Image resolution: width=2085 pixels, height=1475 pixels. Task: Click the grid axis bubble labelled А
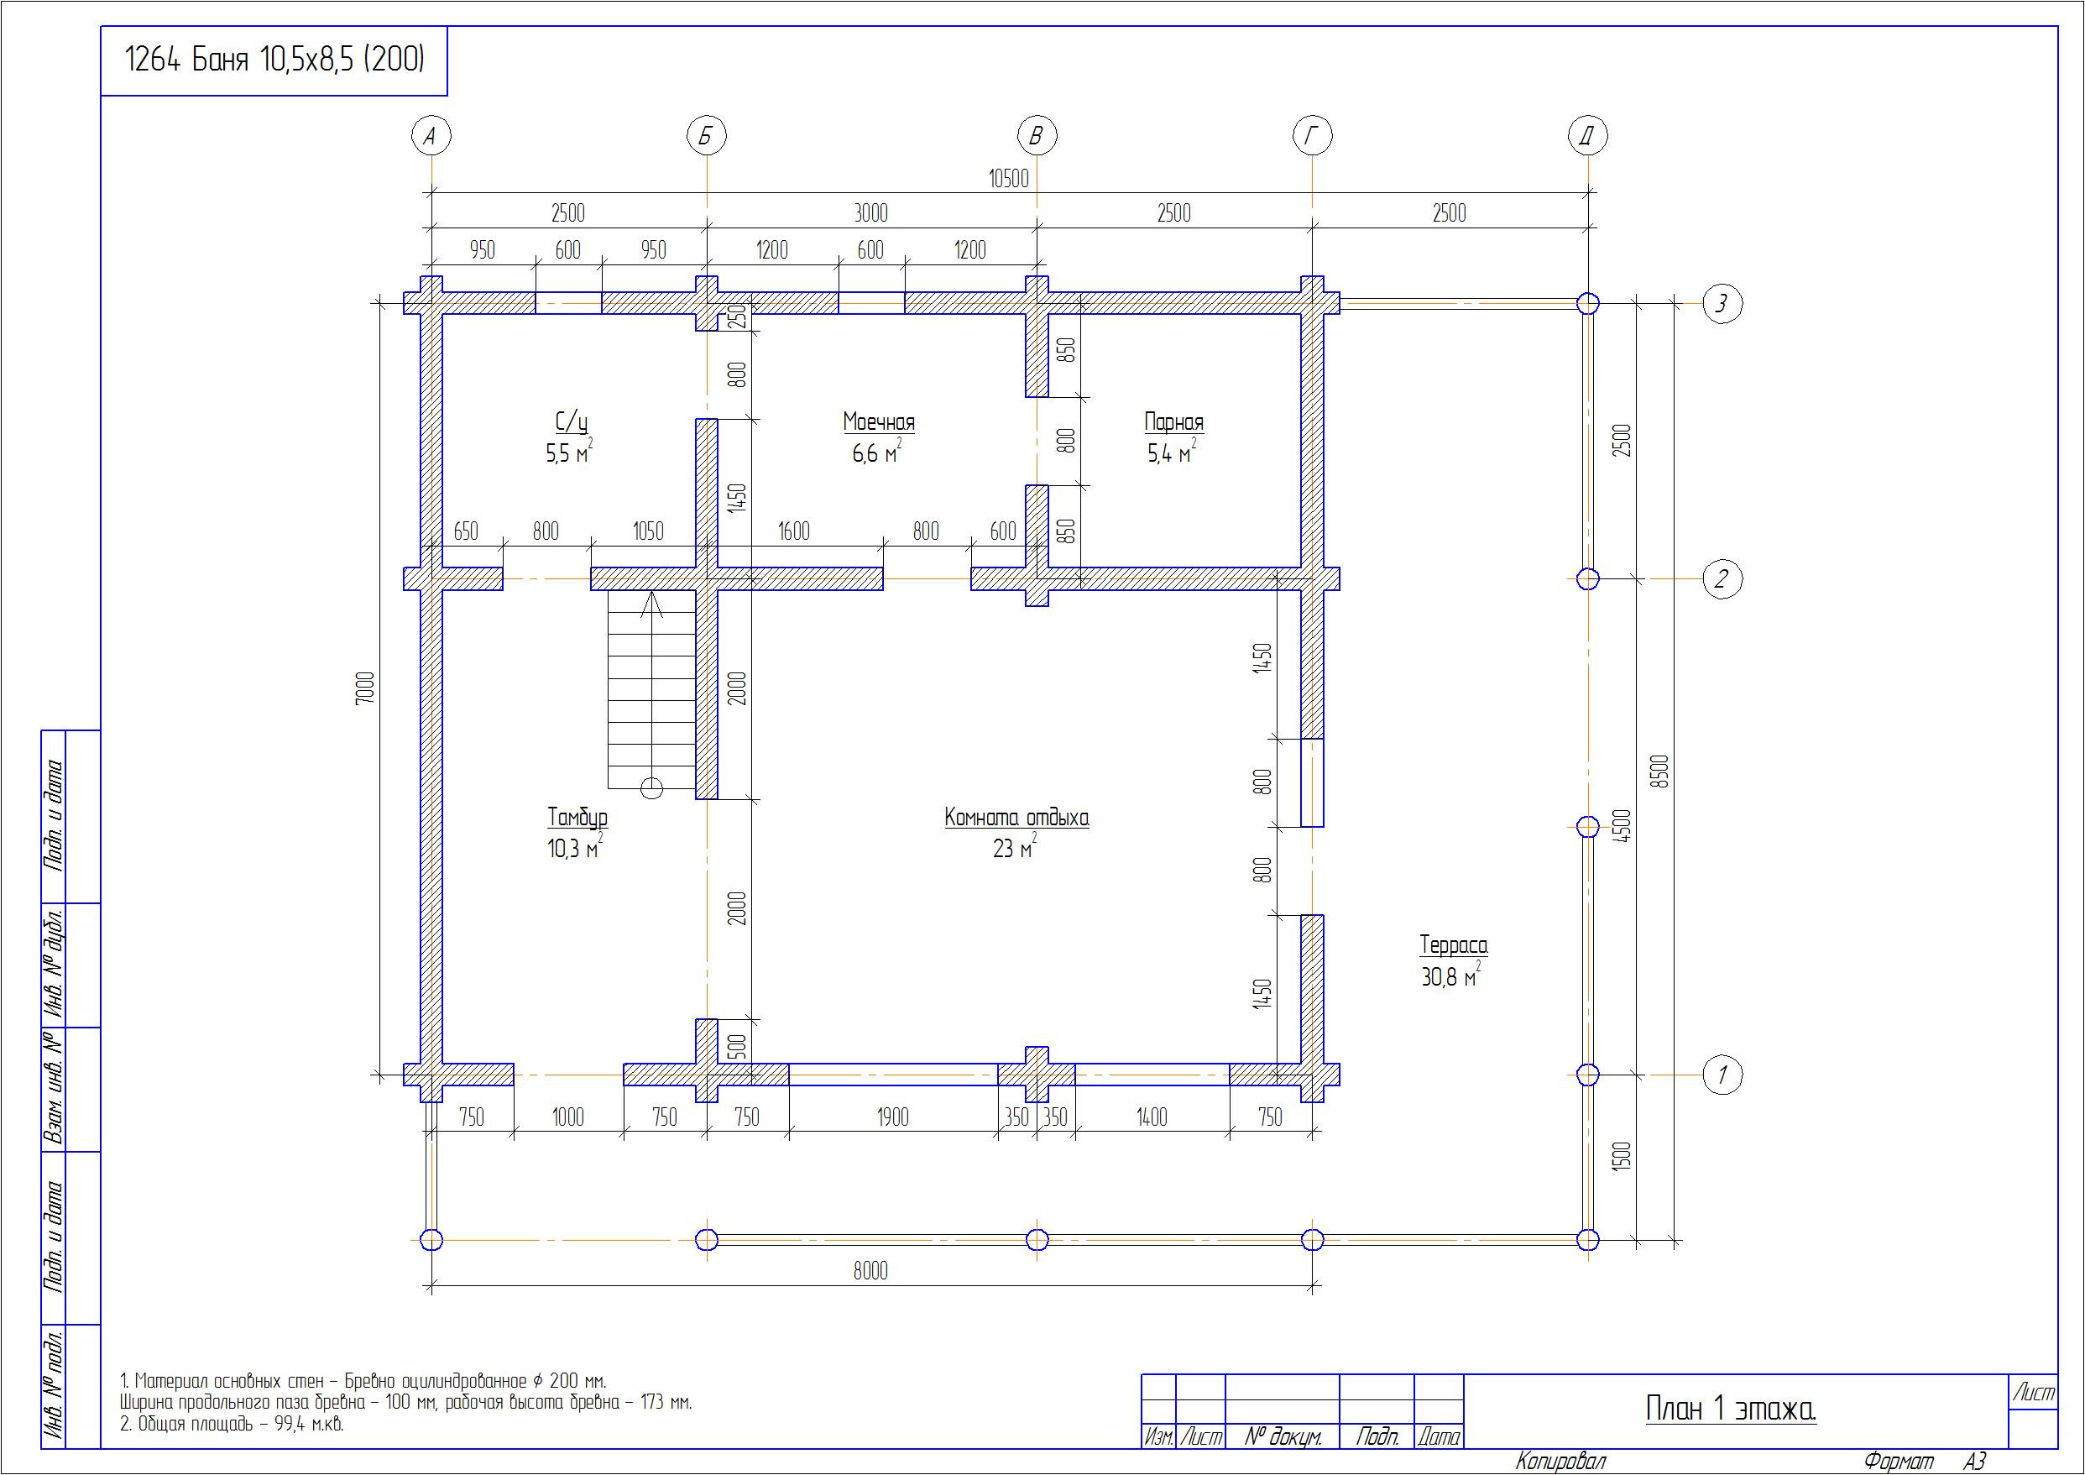pos(431,136)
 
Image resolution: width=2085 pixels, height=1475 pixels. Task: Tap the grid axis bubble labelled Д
pos(1587,136)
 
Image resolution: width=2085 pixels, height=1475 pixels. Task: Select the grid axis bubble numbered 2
pos(1722,578)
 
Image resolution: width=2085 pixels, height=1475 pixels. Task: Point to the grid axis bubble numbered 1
pos(1722,1075)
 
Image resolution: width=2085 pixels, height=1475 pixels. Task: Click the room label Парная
pos(1173,422)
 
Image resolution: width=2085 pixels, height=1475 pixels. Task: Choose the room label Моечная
pos(878,422)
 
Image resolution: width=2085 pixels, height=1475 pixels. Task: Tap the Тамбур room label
pos(577,818)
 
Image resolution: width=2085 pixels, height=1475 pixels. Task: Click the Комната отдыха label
pos(1016,818)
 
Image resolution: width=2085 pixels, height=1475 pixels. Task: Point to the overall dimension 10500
pos(1009,178)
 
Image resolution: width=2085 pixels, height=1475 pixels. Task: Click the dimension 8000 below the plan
pos(870,1272)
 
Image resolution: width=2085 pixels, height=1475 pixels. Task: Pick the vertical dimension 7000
pos(365,688)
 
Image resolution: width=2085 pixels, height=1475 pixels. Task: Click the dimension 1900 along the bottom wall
pos(892,1117)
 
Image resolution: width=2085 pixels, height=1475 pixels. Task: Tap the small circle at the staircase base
pos(652,788)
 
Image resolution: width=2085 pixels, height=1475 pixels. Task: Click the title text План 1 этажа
pos(1730,1409)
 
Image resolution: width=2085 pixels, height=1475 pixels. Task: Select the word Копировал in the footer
pos(1560,1462)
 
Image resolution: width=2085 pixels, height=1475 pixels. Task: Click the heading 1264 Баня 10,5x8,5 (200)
pos(274,60)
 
